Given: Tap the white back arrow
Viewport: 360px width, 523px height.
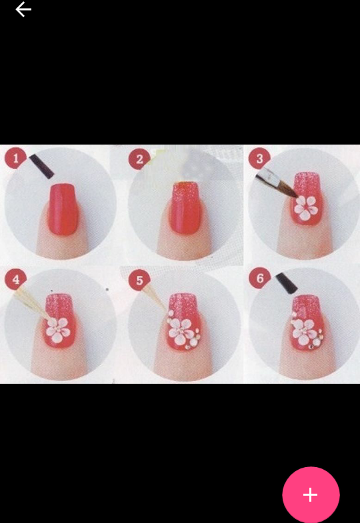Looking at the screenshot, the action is [x=23, y=9].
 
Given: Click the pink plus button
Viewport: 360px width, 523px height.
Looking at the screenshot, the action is [x=311, y=494].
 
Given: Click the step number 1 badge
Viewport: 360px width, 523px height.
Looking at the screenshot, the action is [x=16, y=158].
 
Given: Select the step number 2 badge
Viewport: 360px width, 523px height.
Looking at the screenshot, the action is [x=139, y=159].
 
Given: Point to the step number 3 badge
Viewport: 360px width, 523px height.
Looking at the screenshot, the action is [x=259, y=159].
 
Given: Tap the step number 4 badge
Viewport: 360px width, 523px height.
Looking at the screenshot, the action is [x=16, y=279].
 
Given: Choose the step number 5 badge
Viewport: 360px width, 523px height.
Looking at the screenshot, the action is [x=139, y=280].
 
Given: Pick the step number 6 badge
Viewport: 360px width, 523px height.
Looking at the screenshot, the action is [x=260, y=278].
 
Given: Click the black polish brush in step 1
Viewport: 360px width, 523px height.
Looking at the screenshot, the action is [x=42, y=167].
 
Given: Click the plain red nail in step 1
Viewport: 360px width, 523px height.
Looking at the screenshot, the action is [x=63, y=209].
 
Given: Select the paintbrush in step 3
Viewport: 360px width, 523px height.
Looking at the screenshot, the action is [x=276, y=186].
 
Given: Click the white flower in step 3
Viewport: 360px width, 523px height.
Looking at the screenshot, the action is [x=305, y=207].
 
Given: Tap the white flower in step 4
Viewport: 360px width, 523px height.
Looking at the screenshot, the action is [x=58, y=330].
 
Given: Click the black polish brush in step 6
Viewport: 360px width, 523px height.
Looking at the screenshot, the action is [x=287, y=283].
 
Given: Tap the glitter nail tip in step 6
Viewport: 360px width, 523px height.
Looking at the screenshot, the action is [x=306, y=304].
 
